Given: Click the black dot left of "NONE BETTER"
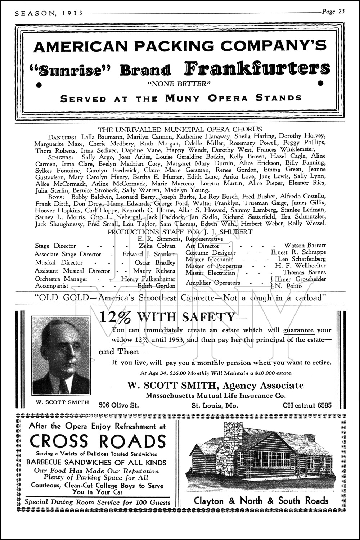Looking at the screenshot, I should coord(38,85).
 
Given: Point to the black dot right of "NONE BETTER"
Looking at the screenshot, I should coord(320,83).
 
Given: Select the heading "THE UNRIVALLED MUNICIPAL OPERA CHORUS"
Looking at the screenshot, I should coord(180,129).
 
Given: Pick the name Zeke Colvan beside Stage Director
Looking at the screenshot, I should coord(157,246).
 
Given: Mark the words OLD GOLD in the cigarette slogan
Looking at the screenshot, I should coord(57,298).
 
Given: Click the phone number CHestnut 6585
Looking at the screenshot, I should coord(307,405).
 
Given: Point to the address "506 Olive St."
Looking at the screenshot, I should coord(119,405).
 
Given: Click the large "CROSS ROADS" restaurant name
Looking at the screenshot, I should coord(98,441).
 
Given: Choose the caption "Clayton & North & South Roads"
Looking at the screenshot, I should coord(261,501).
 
